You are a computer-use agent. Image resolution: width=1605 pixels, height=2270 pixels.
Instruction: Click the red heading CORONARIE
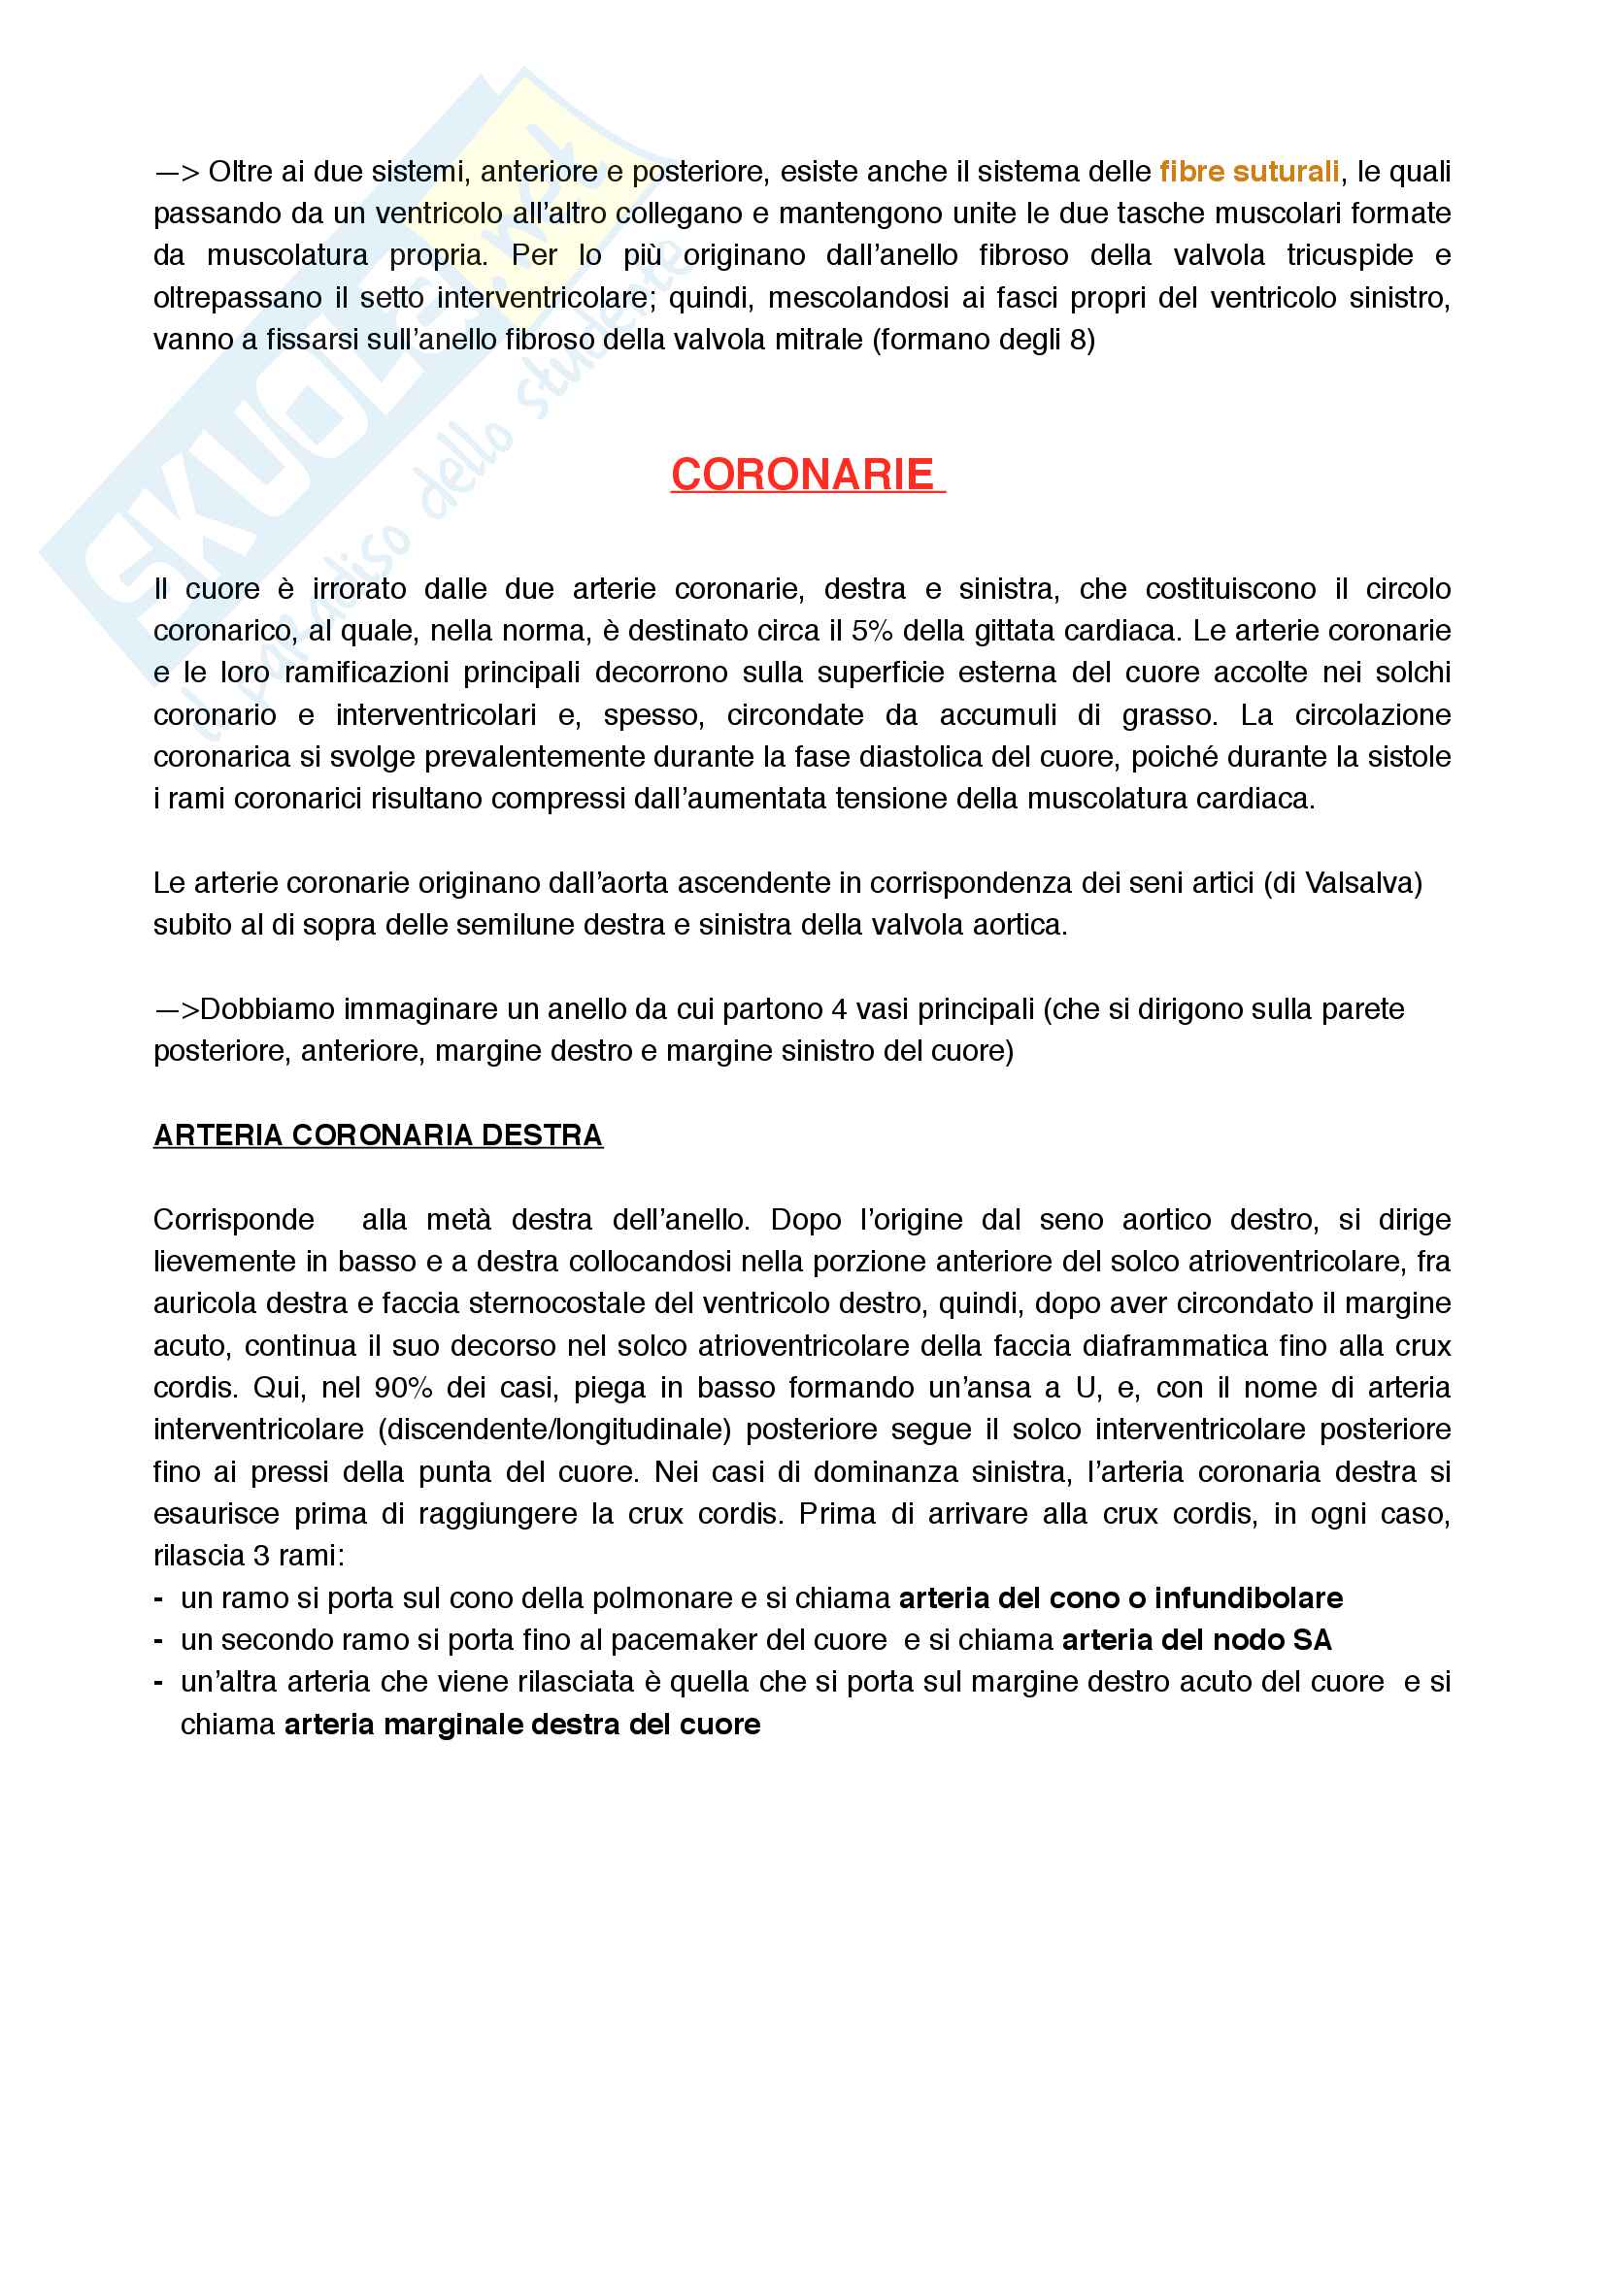[802, 475]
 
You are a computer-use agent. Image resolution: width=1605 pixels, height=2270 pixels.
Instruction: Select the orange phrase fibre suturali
[1248, 172]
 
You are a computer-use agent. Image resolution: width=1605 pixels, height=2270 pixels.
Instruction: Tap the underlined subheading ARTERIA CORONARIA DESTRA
[378, 1135]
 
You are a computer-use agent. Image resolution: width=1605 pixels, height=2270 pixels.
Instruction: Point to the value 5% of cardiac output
[871, 631]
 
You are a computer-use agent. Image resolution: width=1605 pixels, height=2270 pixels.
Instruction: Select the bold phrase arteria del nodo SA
[1196, 1640]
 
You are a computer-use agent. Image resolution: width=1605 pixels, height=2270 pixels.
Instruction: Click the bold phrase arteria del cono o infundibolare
[1120, 1598]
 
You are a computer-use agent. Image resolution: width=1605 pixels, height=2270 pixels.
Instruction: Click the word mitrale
[814, 340]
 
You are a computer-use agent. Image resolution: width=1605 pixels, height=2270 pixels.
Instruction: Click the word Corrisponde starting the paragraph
[233, 1220]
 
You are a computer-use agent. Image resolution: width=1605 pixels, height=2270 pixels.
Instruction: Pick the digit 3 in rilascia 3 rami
[261, 1556]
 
